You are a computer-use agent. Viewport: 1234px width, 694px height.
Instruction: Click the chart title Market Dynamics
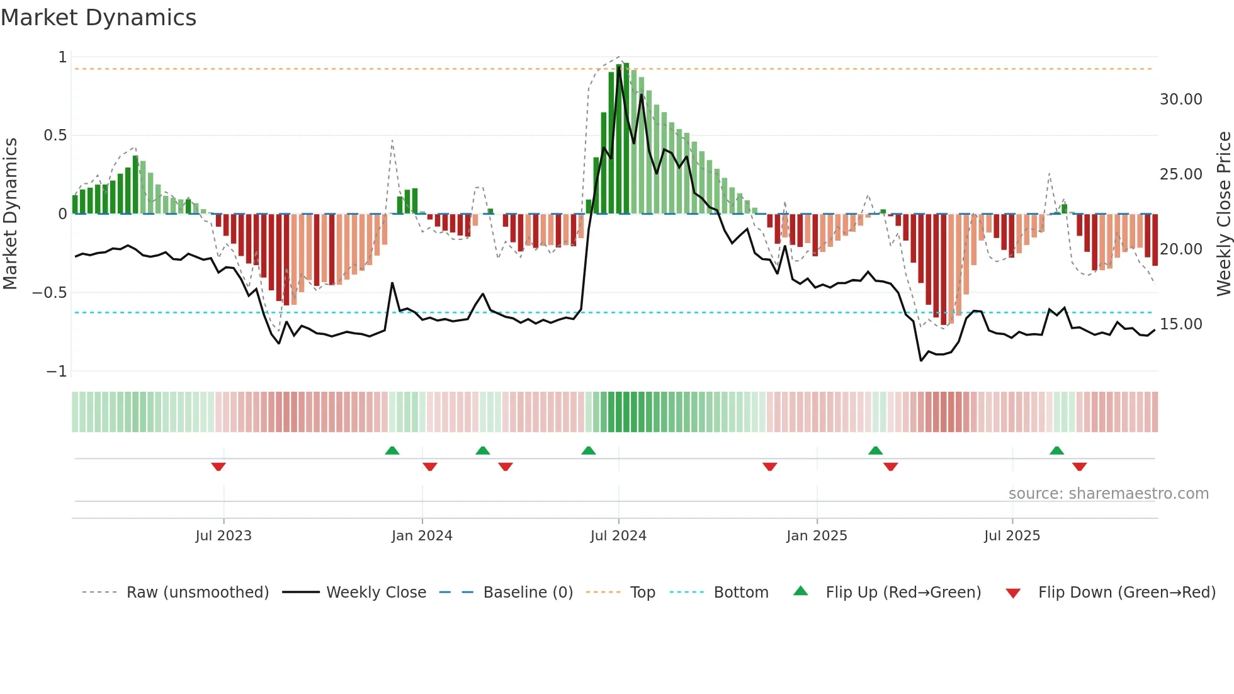click(x=99, y=18)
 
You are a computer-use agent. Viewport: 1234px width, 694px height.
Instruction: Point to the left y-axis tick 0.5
click(x=55, y=135)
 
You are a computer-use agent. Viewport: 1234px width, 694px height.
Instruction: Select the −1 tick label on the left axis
click(x=56, y=372)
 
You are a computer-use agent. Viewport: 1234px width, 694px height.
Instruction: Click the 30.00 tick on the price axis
click(x=1180, y=100)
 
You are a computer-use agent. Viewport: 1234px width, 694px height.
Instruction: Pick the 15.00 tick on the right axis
click(x=1180, y=324)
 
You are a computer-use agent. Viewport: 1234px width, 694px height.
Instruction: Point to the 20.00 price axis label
click(x=1180, y=249)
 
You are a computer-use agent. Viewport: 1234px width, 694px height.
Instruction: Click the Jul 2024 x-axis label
click(x=618, y=536)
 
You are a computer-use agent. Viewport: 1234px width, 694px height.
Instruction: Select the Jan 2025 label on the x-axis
click(x=817, y=536)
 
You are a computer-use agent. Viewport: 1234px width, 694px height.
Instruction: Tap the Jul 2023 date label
click(x=224, y=536)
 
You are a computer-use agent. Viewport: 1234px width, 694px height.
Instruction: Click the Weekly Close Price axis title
click(x=1223, y=214)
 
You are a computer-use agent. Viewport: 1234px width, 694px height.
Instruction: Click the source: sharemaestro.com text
click(x=1108, y=494)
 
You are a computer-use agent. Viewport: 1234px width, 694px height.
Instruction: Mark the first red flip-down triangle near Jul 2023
click(x=218, y=467)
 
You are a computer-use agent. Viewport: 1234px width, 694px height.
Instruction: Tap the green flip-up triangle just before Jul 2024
click(x=589, y=450)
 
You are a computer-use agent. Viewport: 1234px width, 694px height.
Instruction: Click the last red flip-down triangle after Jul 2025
click(x=1079, y=467)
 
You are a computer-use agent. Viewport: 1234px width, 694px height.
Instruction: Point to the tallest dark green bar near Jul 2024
click(x=626, y=139)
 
